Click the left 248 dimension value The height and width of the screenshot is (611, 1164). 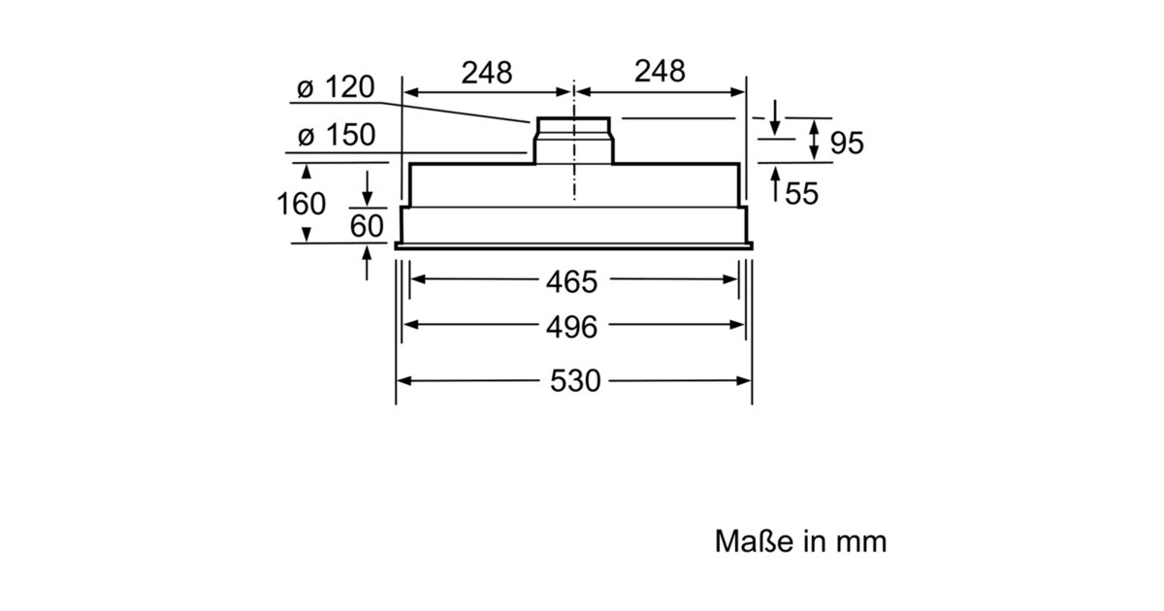point(486,72)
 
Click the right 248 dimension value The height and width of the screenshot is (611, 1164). point(660,71)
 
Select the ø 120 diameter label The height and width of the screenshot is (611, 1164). point(335,88)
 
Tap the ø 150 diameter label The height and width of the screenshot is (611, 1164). point(336,136)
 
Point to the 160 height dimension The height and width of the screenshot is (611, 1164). point(301,205)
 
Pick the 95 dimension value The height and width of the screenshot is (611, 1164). point(847,144)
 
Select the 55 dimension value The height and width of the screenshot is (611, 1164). point(801,194)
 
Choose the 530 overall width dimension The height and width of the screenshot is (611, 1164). point(575,380)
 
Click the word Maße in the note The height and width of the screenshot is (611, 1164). point(743,540)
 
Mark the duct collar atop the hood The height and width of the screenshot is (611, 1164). point(574,138)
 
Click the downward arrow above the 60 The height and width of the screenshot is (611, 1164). point(368,186)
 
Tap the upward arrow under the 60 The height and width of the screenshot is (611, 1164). point(368,263)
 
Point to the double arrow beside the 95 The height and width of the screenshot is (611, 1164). point(816,141)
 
